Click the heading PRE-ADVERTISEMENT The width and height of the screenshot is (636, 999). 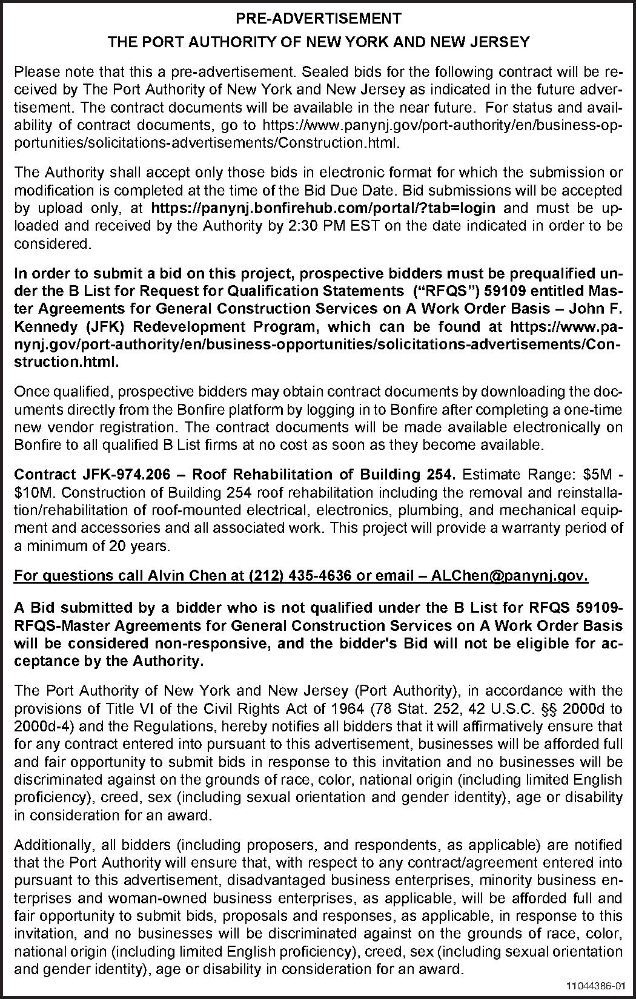[x=318, y=19]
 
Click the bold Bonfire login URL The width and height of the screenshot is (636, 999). [x=323, y=208]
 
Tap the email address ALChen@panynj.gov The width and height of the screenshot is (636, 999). [x=509, y=575]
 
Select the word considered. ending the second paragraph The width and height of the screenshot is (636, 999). [x=53, y=244]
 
